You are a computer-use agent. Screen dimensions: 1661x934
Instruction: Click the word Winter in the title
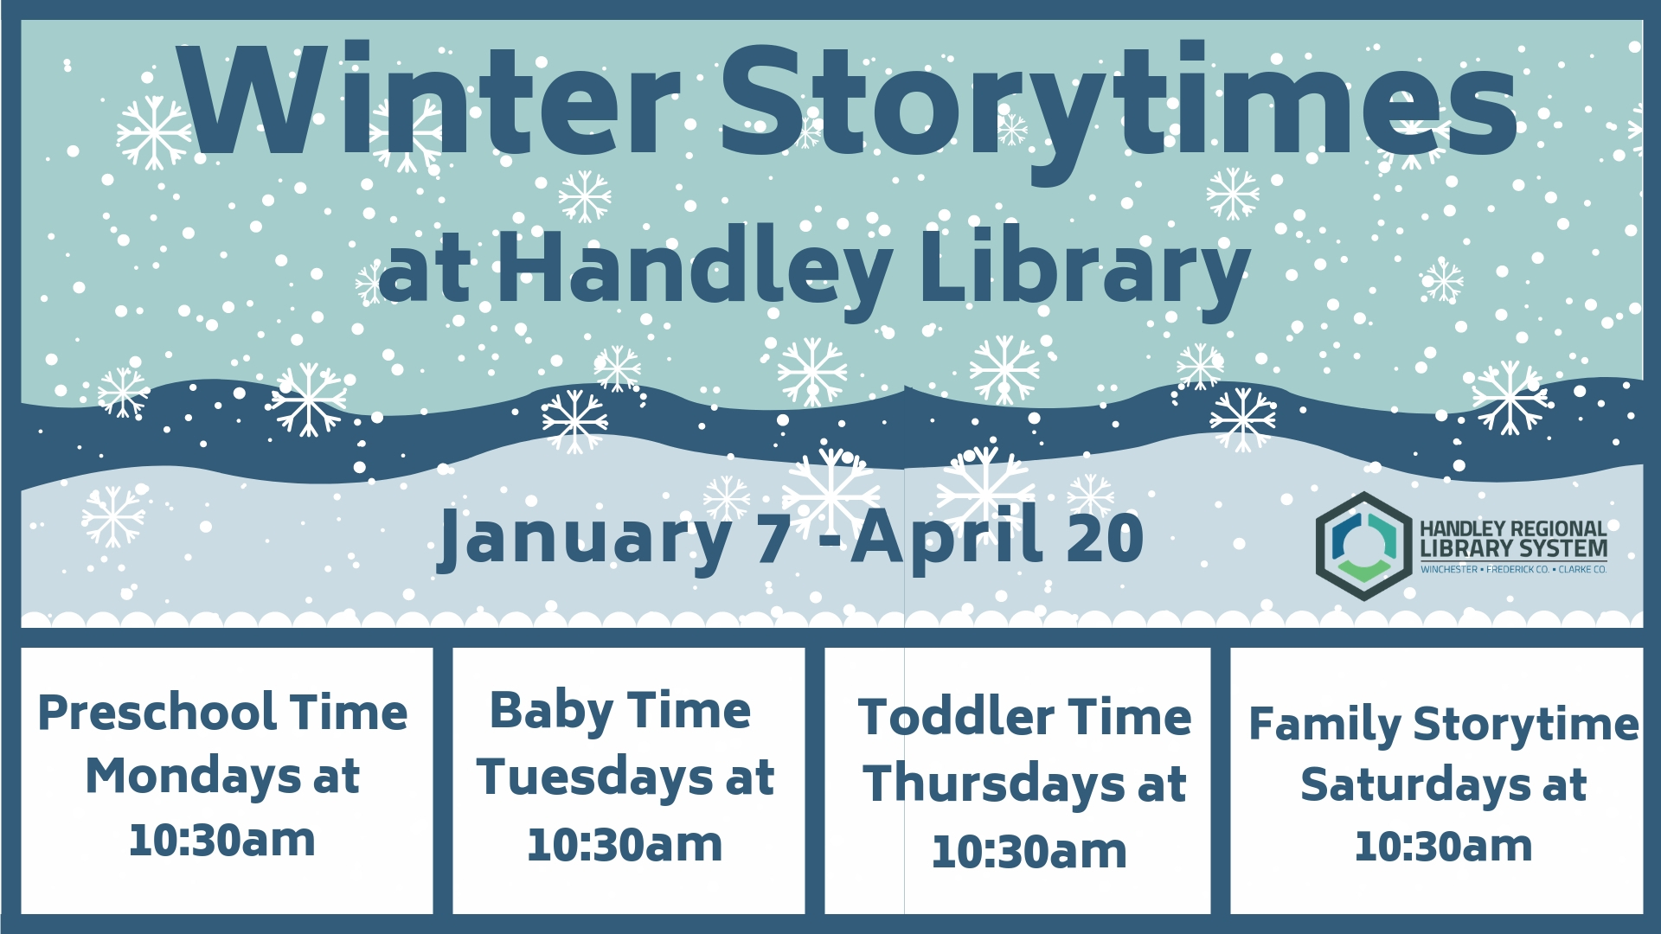[x=429, y=102]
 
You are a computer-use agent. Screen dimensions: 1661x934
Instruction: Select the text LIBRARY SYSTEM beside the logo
[x=1513, y=548]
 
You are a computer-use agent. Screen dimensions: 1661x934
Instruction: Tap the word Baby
[x=551, y=713]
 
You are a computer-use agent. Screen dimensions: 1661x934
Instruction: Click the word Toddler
[x=956, y=718]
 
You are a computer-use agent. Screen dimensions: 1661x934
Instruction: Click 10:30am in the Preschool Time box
[x=222, y=841]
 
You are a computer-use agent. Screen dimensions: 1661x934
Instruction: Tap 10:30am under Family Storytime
[x=1443, y=846]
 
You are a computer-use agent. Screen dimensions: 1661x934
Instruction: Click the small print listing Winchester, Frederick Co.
[x=1513, y=569]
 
